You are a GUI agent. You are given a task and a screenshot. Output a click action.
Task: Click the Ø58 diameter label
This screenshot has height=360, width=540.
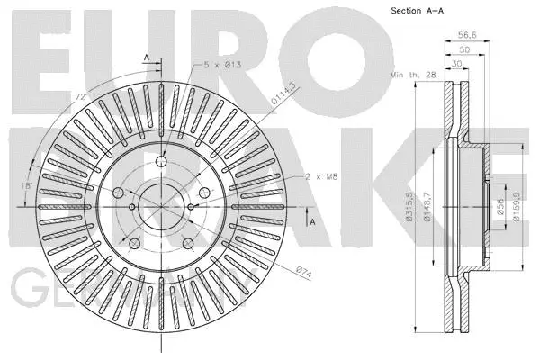[x=499, y=209]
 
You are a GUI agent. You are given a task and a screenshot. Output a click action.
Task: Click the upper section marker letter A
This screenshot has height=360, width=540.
[x=146, y=58]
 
